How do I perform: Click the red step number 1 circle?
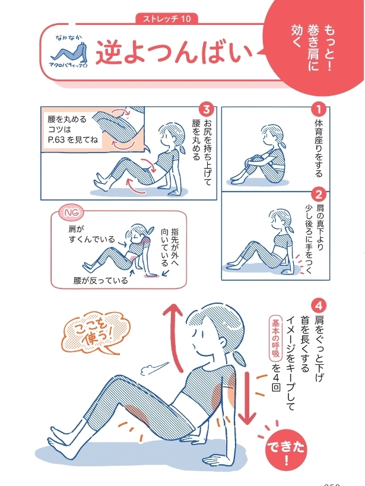319,109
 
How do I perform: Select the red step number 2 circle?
319,195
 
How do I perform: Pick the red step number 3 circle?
207,109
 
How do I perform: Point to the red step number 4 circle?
319,307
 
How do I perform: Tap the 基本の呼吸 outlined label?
275,339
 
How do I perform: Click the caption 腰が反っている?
100,280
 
